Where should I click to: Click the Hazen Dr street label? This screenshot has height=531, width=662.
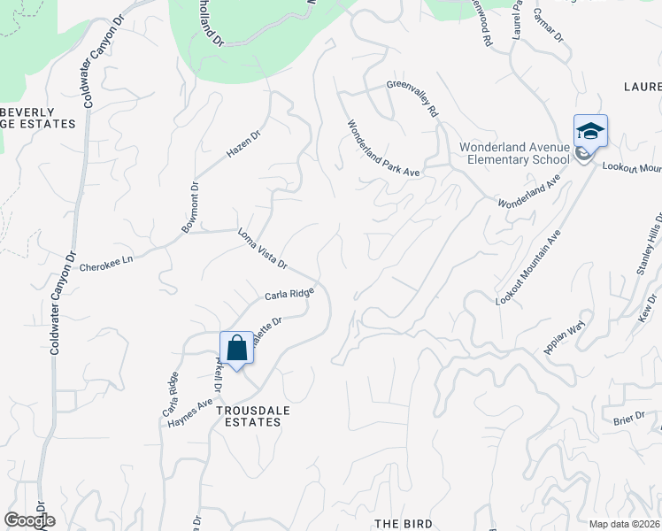pos(243,144)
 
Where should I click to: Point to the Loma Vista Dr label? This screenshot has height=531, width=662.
pos(263,249)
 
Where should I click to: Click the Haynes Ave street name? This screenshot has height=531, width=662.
pos(190,414)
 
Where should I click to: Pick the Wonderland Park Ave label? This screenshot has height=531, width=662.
pos(382,149)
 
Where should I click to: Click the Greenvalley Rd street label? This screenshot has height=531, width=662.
pos(412,99)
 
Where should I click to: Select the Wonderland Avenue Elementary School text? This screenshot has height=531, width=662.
pos(513,153)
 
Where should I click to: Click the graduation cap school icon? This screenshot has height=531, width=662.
pos(590,132)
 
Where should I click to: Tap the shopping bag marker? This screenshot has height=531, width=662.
pos(236,347)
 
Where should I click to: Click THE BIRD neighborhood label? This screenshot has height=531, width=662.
pos(403,524)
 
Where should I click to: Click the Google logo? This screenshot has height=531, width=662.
pos(29,520)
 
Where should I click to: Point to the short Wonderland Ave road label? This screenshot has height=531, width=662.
pos(529,191)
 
